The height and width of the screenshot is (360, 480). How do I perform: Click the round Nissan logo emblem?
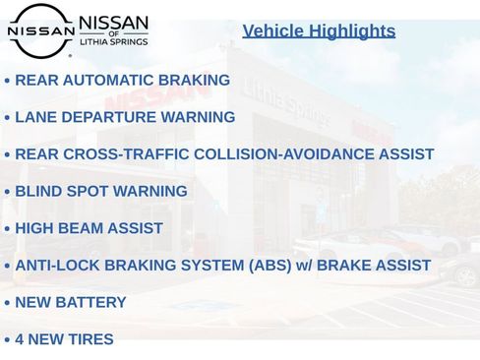pyautogui.click(x=40, y=30)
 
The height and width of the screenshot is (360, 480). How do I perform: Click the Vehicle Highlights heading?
pyautogui.click(x=319, y=30)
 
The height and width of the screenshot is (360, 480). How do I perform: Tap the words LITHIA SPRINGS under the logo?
pyautogui.click(x=113, y=42)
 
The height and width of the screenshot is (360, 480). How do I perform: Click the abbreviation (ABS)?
pyautogui.click(x=266, y=266)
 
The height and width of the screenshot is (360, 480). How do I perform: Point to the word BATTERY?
pyautogui.click(x=91, y=302)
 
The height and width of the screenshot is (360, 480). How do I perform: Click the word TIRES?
pyautogui.click(x=91, y=339)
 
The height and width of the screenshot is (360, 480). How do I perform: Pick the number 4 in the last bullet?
pyautogui.click(x=20, y=339)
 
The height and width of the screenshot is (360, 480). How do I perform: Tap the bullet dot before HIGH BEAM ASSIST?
pyautogui.click(x=7, y=229)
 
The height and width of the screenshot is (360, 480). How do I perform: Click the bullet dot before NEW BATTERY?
pyautogui.click(x=7, y=303)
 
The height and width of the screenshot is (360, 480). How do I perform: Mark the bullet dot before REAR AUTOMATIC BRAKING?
pyautogui.click(x=7, y=81)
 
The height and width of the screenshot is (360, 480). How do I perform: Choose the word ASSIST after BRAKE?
pyautogui.click(x=401, y=266)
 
